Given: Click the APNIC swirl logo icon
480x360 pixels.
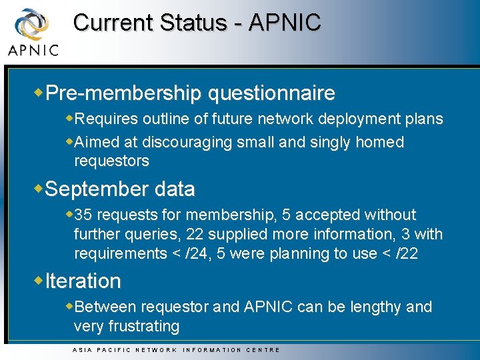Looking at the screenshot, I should pos(31,25).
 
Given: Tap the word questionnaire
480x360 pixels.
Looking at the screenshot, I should pos(271,93).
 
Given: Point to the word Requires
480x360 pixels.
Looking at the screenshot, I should pos(107,119).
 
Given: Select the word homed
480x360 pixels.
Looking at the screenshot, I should pos(379,142).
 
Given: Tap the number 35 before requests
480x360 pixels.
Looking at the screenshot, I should pos(83,215).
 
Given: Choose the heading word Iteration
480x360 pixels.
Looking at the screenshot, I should pos(83,281).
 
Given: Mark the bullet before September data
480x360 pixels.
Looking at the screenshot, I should pos(39,189).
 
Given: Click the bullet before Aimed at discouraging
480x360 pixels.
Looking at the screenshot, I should pos(70,141).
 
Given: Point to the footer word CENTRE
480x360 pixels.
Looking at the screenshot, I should pos(263,350).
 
